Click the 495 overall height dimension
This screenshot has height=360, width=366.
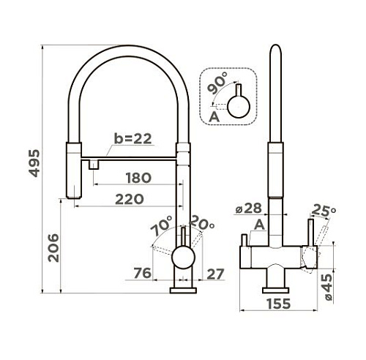click(34, 163)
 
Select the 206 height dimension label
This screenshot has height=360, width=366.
click(53, 248)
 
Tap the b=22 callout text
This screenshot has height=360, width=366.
click(133, 138)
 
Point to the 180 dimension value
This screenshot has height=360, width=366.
click(138, 178)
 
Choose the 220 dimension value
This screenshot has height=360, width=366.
click(130, 199)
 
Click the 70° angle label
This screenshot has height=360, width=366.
click(162, 225)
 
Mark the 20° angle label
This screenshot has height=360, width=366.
click(201, 223)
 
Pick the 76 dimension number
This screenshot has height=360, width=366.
click(143, 273)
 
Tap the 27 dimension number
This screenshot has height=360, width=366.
click(215, 274)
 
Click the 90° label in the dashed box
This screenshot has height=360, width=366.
click(217, 83)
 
